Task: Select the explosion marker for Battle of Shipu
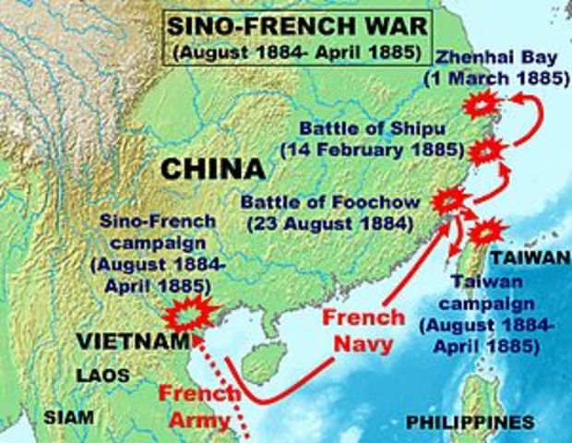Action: point(485,150)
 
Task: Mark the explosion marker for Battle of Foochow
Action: point(450,199)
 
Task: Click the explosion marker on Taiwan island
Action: point(487,230)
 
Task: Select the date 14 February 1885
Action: point(384,148)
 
